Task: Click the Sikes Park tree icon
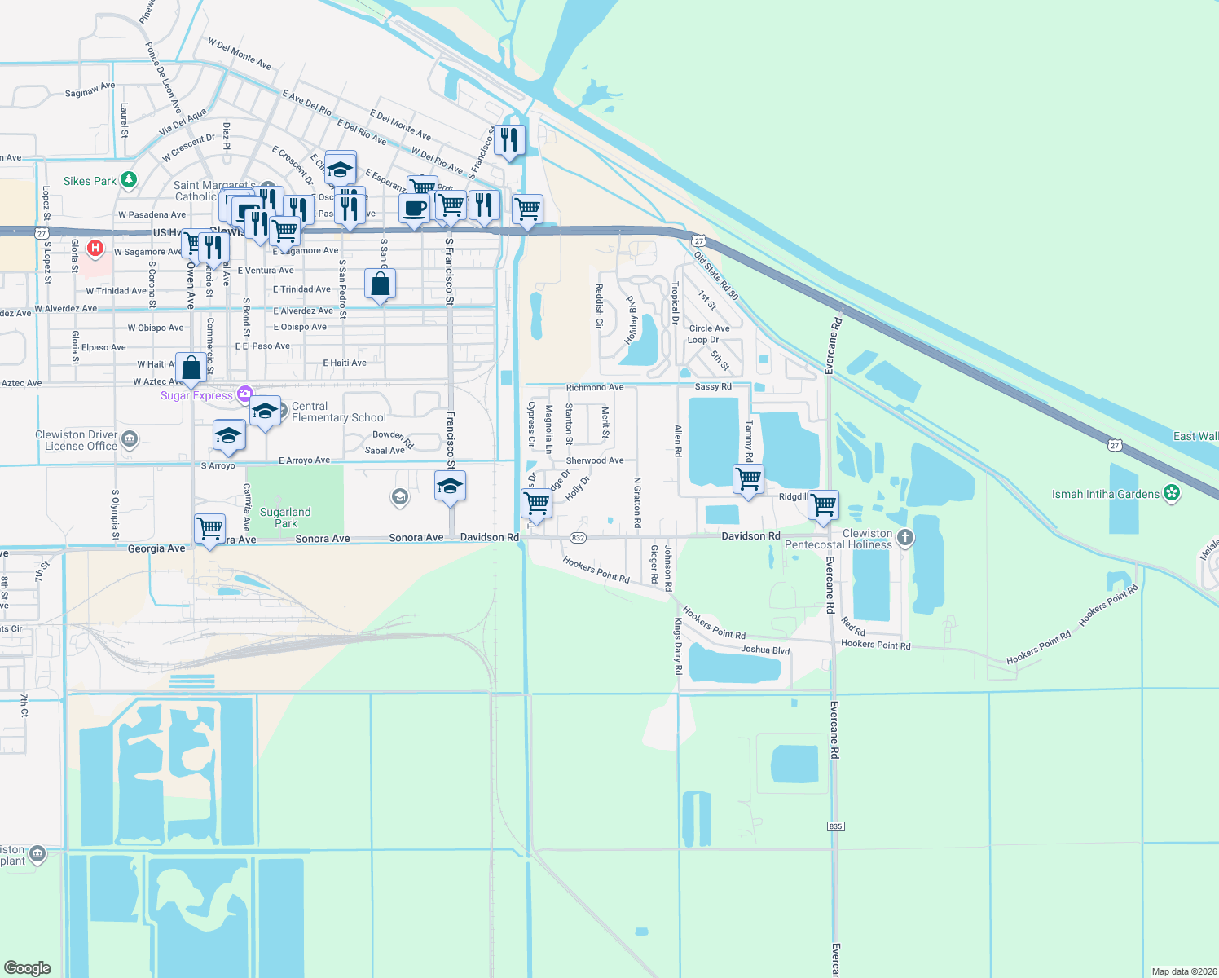pyautogui.click(x=129, y=180)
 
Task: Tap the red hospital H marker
pyautogui.click(x=95, y=248)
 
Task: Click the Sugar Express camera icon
pyautogui.click(x=244, y=394)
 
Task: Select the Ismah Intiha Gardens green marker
pyautogui.click(x=1172, y=493)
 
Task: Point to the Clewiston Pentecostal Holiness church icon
pyautogui.click(x=904, y=537)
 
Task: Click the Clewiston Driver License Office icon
pyautogui.click(x=130, y=441)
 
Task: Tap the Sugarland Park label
pyautogui.click(x=285, y=518)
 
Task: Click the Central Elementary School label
pyautogui.click(x=338, y=412)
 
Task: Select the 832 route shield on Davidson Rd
pyautogui.click(x=578, y=538)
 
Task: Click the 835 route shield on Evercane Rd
pyautogui.click(x=835, y=826)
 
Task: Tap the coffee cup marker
pyautogui.click(x=415, y=208)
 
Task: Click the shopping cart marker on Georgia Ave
pyautogui.click(x=210, y=528)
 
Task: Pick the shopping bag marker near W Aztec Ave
pyautogui.click(x=191, y=368)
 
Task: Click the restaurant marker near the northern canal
pyautogui.click(x=509, y=140)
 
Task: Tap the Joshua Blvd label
pyautogui.click(x=765, y=650)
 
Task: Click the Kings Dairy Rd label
pyautogui.click(x=678, y=645)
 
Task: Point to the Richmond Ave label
pyautogui.click(x=595, y=388)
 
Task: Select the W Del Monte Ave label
pyautogui.click(x=239, y=53)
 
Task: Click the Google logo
pyautogui.click(x=28, y=967)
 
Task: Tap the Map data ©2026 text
pyautogui.click(x=1183, y=971)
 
